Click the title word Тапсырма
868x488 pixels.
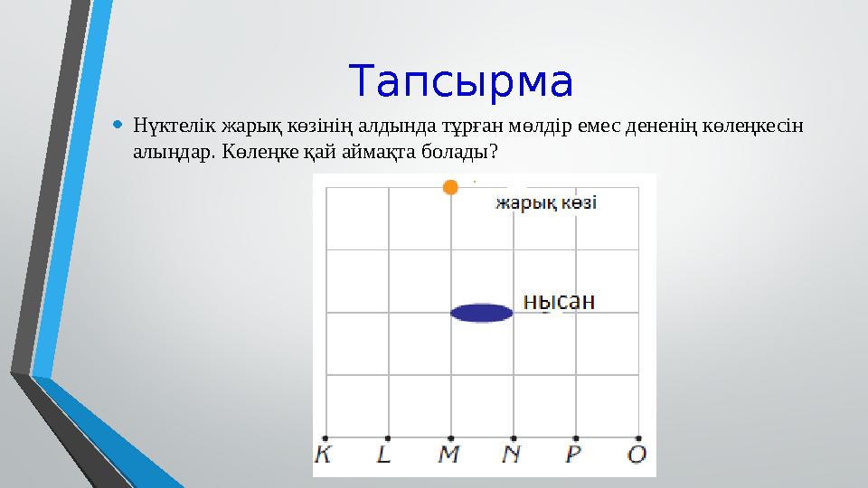point(461,81)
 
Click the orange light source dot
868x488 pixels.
point(450,187)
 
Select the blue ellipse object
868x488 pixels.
point(482,314)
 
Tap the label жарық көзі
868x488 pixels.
point(544,203)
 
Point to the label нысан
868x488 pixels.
point(560,302)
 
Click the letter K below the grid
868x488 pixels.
point(324,455)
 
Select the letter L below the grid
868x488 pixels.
point(385,455)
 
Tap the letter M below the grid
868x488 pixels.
point(449,455)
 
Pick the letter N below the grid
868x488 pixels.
point(512,455)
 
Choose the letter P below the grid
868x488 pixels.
point(574,455)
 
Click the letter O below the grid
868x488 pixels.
point(637,455)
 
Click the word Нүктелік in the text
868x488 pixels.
point(166,123)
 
